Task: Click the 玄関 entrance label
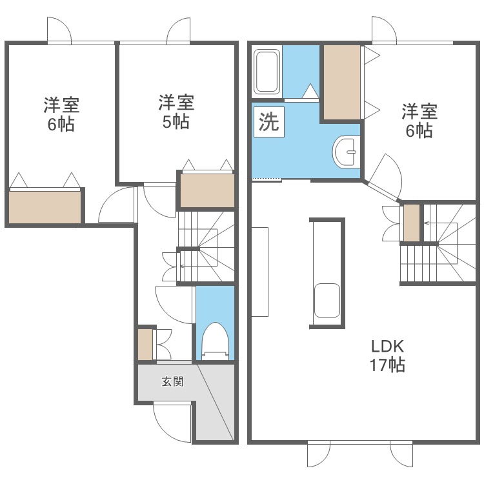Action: (172, 382)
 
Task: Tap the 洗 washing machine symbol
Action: (269, 121)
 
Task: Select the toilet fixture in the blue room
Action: (215, 341)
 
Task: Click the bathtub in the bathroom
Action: (267, 72)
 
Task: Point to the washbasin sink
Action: (347, 152)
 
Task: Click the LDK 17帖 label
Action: (387, 356)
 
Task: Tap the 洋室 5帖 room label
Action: (176, 112)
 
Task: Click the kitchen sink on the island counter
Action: (327, 300)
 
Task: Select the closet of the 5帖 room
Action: (207, 190)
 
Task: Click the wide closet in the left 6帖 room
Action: (45, 207)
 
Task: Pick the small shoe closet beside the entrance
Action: (145, 345)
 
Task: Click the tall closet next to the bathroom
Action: (341, 83)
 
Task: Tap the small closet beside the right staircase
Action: (412, 223)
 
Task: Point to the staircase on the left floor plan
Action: (207, 247)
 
